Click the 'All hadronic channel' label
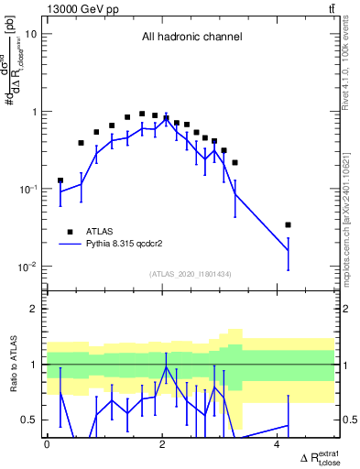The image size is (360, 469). [x=191, y=38]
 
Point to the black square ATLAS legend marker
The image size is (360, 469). [x=69, y=232]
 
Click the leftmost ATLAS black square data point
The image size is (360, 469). [x=60, y=180]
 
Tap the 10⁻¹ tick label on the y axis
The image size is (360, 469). [x=27, y=190]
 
